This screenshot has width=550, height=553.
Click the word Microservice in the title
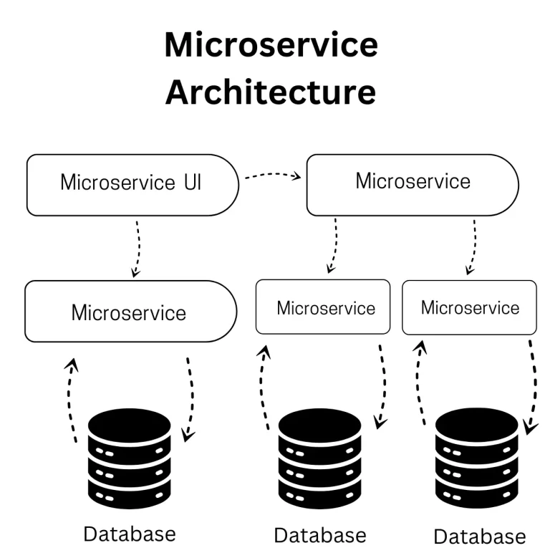coord(271,45)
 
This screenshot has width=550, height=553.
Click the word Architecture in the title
coord(271,92)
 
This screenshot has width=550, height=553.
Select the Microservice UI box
coord(132,184)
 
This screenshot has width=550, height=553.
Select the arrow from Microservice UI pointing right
coord(271,176)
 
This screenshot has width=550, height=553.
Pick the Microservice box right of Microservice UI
coord(412,184)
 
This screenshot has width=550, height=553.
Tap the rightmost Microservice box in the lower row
coord(469,307)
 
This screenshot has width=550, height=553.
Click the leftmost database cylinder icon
coord(130,458)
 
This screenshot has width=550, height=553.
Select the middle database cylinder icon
coord(319,459)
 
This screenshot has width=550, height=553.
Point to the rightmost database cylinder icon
coord(477,459)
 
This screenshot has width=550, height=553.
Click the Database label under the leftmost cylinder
coord(130,534)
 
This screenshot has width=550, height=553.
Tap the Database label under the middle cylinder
coord(319,535)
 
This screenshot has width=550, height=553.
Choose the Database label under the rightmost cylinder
coord(479,537)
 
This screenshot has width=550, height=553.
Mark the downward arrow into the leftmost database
coord(190,398)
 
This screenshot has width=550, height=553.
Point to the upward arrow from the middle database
coord(265,387)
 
